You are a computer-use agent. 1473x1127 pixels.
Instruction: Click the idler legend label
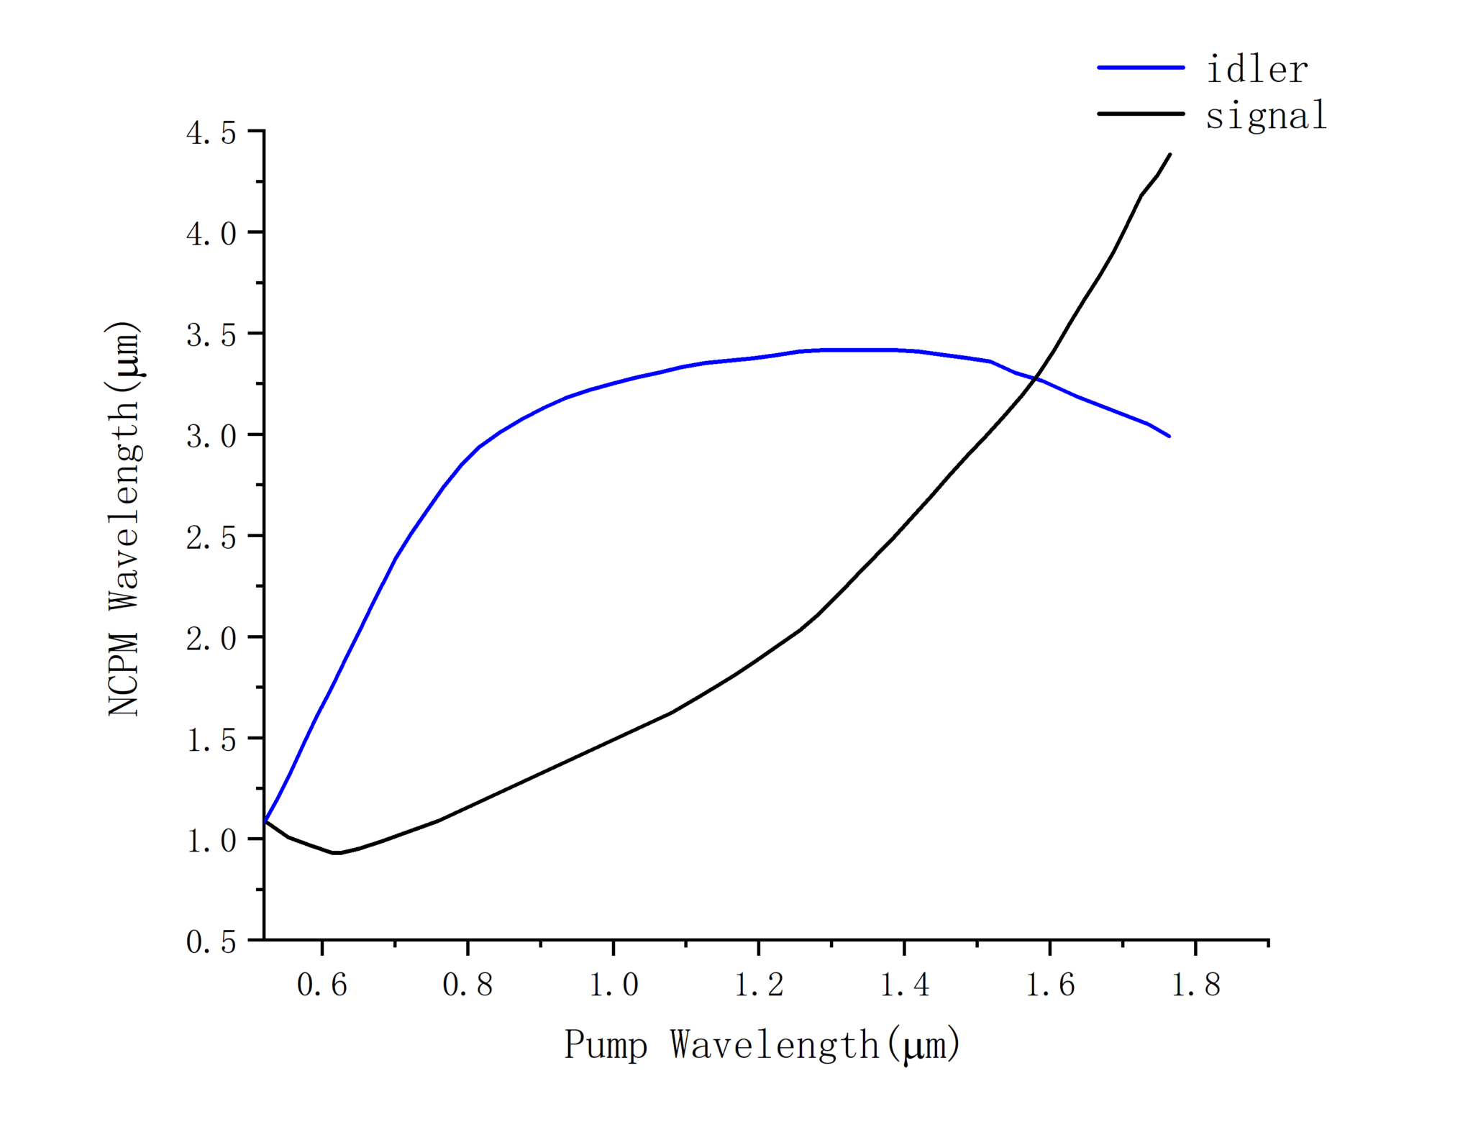[x=1257, y=70]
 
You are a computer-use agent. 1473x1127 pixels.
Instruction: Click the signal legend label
[x=1266, y=116]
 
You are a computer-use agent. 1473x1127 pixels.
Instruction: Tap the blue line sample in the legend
[x=1140, y=68]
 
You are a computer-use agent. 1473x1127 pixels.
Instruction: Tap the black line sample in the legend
[x=1140, y=114]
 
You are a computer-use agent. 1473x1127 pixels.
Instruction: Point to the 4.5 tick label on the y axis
[x=211, y=134]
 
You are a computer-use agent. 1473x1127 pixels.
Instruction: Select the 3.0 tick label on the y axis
[x=211, y=437]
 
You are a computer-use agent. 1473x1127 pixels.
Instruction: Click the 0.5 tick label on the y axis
[x=211, y=942]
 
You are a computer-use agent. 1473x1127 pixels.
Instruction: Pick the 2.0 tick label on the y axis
[x=211, y=639]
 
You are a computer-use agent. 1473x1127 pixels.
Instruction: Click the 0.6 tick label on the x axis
[x=322, y=985]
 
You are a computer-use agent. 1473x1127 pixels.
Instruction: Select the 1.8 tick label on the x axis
[x=1195, y=985]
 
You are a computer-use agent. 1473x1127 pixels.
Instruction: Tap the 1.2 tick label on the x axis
[x=759, y=985]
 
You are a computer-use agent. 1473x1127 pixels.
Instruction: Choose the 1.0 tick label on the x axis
[x=614, y=985]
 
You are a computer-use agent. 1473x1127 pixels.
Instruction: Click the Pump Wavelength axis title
[x=762, y=1045]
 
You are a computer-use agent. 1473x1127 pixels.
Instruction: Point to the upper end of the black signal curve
[x=1170, y=155]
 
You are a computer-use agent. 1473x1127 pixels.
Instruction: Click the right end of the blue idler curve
[x=1169, y=436]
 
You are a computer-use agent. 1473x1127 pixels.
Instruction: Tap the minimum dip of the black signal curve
[x=337, y=853]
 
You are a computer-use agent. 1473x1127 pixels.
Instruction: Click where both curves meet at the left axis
[x=265, y=821]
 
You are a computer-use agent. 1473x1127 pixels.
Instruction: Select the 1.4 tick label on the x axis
[x=905, y=985]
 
